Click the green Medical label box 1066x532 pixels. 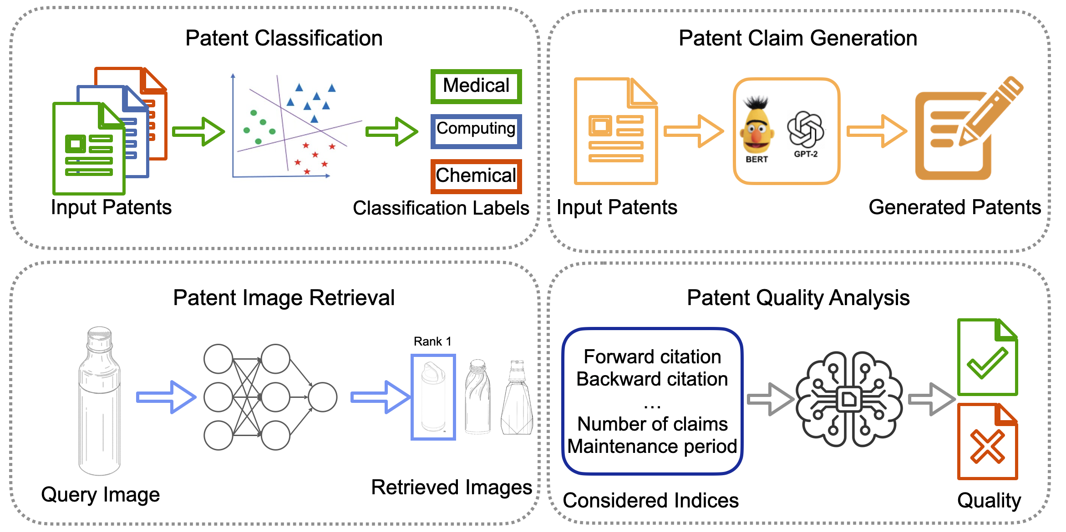click(x=476, y=86)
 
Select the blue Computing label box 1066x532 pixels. click(x=476, y=131)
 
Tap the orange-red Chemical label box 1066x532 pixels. click(x=476, y=176)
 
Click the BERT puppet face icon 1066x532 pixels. click(x=756, y=127)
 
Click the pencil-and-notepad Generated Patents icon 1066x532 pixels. click(x=965, y=130)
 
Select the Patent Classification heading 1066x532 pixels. click(x=284, y=38)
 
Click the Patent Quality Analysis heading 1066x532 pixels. click(x=798, y=298)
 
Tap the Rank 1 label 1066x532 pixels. click(x=432, y=341)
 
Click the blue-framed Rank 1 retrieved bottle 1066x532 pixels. click(x=433, y=397)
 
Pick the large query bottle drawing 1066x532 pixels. click(x=100, y=400)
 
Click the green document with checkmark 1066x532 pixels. click(x=987, y=357)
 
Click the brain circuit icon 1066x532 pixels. click(x=849, y=399)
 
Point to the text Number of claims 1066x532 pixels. click(x=652, y=424)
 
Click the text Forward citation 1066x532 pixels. click(x=652, y=356)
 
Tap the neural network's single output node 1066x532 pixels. click(x=322, y=397)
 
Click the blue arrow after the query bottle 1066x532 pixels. click(x=166, y=397)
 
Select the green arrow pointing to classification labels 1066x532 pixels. click(x=391, y=131)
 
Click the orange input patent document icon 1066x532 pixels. click(x=616, y=132)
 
